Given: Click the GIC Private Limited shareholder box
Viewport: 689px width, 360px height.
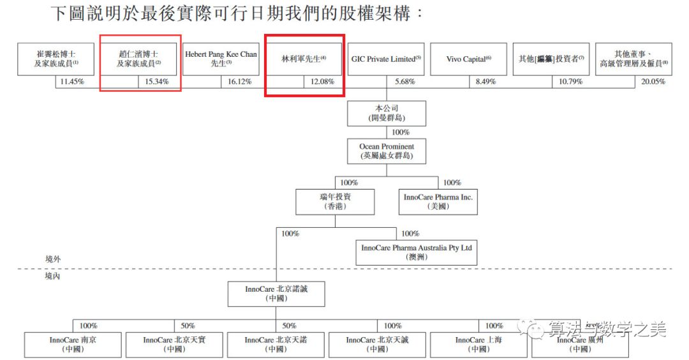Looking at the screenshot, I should coord(386,59).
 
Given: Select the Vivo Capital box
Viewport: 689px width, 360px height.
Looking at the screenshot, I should coord(468,59).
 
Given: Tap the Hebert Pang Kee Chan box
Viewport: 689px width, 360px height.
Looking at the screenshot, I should coord(221,59).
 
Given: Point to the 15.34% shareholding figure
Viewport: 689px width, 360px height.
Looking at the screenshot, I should coord(157,82).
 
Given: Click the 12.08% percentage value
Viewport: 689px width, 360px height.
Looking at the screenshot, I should coord(322,82).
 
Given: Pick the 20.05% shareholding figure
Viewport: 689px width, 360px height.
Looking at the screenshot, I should coord(653,82).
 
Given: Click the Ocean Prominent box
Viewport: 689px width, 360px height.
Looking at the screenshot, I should coord(387,151).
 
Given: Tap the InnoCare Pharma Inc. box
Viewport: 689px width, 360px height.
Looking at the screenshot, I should coord(438,202).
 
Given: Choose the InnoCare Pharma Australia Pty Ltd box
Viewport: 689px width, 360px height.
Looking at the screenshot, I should coord(417,251).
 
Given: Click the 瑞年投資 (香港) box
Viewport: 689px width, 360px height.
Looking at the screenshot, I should coord(336,202).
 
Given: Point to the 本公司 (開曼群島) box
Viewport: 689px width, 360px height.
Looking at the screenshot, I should coord(387,113).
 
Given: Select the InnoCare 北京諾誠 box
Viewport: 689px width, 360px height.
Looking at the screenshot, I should coord(276,294).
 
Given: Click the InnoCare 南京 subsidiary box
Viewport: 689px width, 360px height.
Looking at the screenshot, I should coord(73,345).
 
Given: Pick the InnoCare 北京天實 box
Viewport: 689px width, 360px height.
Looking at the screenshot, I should coord(174,345).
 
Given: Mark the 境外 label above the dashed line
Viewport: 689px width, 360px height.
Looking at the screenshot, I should coord(54,259).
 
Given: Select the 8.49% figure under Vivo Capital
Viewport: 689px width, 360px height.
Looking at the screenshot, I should coord(486,82).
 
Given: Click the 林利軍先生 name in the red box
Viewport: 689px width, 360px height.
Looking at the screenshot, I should coord(304,59).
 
